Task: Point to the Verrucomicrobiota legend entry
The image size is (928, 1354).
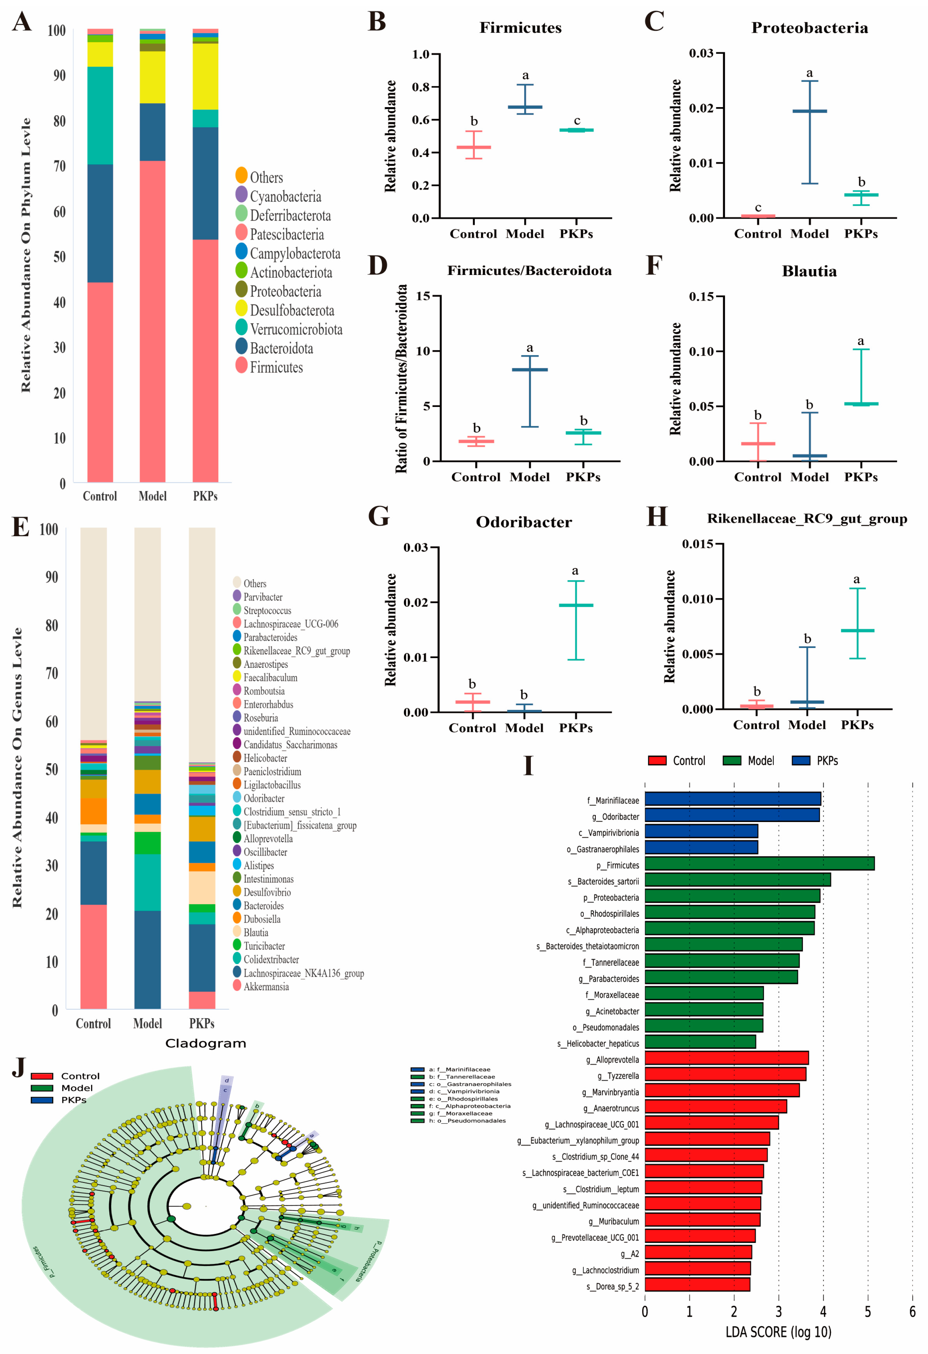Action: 296,329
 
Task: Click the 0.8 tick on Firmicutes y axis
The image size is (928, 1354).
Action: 420,87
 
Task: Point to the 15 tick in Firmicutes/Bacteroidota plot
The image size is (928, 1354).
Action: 423,296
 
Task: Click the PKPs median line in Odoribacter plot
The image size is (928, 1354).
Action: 576,605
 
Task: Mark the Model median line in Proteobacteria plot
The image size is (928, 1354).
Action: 809,111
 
